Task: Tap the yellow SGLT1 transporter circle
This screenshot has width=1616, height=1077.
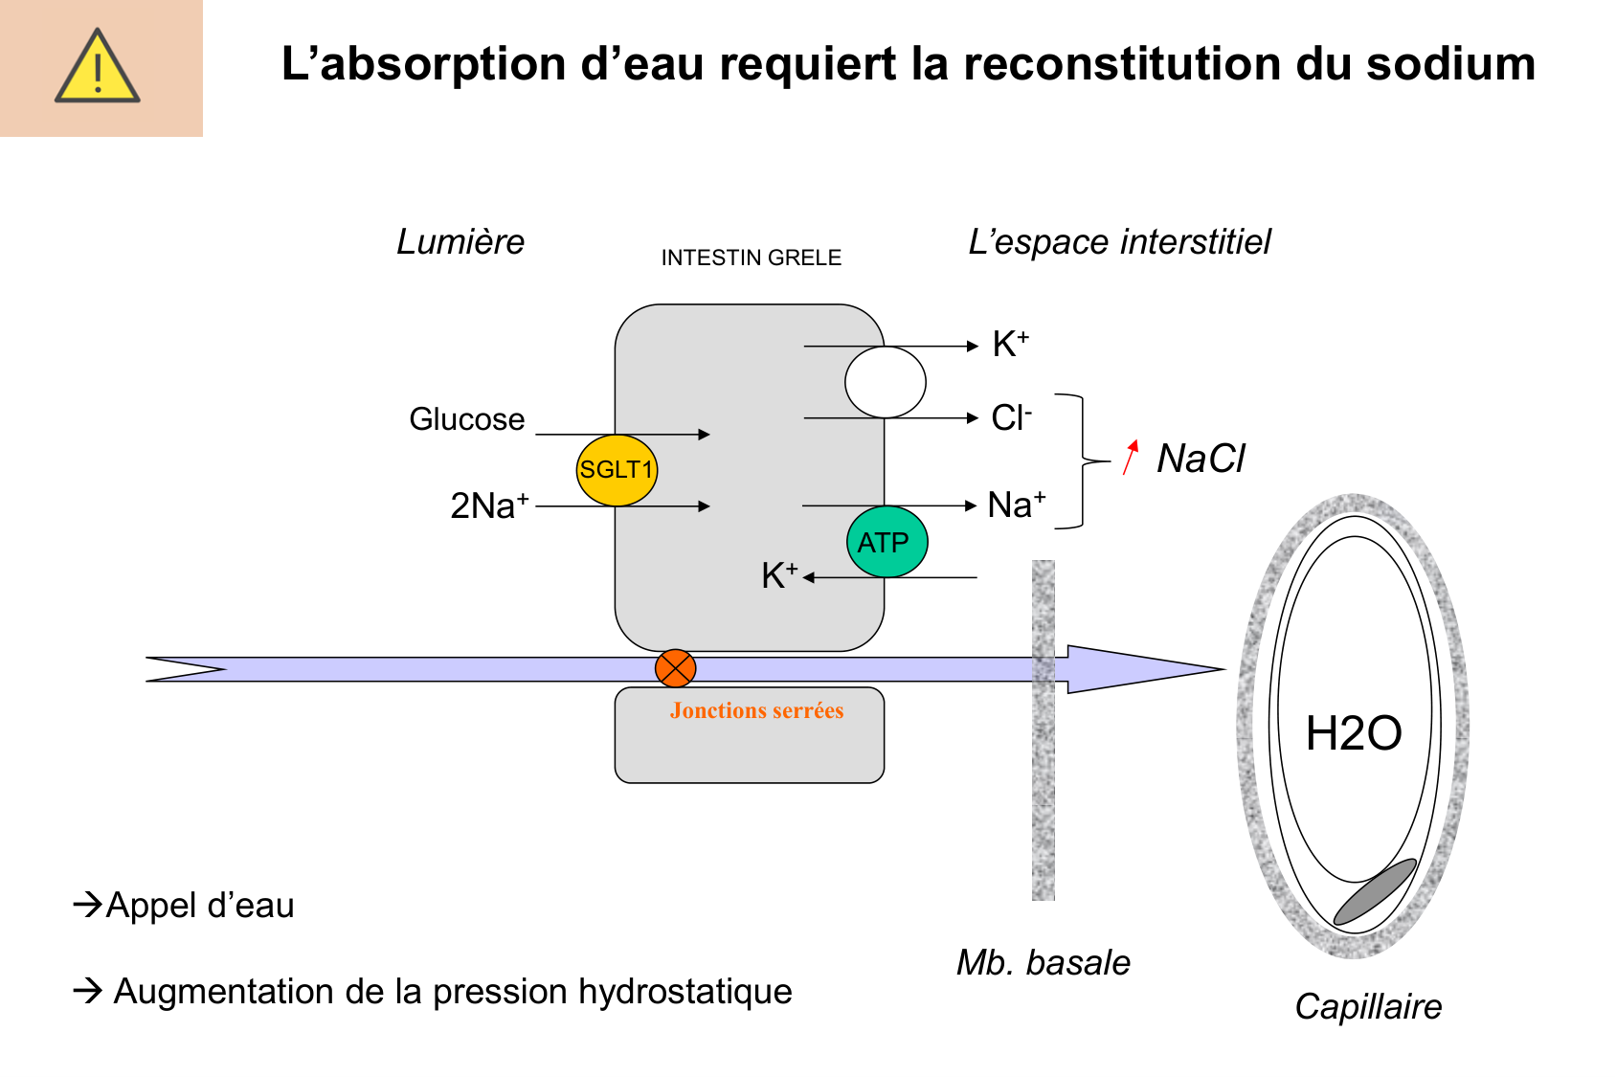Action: click(617, 470)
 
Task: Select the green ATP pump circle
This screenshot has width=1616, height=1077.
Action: click(887, 542)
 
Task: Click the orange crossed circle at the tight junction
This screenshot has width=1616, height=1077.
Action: click(675, 668)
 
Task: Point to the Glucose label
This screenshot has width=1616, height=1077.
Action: click(467, 419)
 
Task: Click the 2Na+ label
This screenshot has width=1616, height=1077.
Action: click(489, 505)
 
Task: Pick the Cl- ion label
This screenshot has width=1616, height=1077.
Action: click(1011, 417)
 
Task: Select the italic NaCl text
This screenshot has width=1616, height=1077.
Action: click(1201, 459)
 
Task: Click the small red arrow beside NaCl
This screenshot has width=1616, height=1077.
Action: click(1131, 457)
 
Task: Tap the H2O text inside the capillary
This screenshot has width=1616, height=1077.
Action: click(1353, 733)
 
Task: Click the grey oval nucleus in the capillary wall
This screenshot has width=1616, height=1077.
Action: click(1374, 892)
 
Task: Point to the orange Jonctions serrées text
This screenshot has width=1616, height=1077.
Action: click(756, 710)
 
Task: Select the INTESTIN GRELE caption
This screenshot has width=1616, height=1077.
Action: click(751, 258)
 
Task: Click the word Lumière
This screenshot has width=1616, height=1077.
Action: click(460, 242)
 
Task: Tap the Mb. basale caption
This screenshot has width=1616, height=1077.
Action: click(1044, 962)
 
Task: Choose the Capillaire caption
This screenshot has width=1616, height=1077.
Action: click(1368, 1006)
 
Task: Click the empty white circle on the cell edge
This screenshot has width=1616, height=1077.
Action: click(886, 382)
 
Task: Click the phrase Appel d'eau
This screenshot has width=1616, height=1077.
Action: click(199, 905)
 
